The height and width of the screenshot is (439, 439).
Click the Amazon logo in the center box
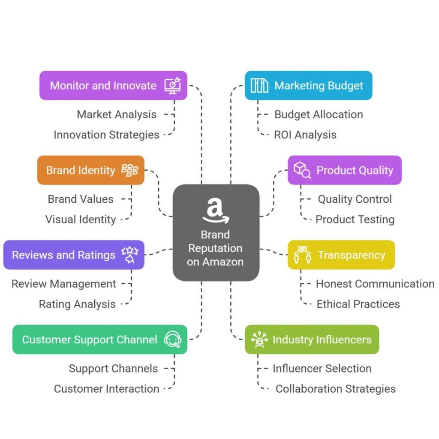(216, 210)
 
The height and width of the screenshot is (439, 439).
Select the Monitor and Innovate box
(113, 85)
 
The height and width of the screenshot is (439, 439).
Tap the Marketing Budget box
(308, 85)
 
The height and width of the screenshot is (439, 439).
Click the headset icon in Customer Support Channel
(173, 340)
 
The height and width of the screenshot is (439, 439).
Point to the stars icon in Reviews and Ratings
(129, 254)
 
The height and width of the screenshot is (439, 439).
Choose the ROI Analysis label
(305, 135)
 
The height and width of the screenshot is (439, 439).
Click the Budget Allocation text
(319, 114)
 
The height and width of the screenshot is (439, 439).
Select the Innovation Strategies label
(106, 135)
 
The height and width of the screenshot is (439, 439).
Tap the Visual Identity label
(81, 219)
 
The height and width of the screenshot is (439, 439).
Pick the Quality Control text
(355, 199)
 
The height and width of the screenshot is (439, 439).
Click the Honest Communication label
(375, 283)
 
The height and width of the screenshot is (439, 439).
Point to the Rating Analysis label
(77, 304)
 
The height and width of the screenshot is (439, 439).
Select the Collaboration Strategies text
(335, 389)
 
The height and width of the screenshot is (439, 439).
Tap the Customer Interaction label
(106, 389)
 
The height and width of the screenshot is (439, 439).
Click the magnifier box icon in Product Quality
(302, 170)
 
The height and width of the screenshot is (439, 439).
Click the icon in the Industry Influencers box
(259, 340)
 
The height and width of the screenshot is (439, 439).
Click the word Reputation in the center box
(215, 248)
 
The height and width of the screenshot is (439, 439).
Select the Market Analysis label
(117, 114)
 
